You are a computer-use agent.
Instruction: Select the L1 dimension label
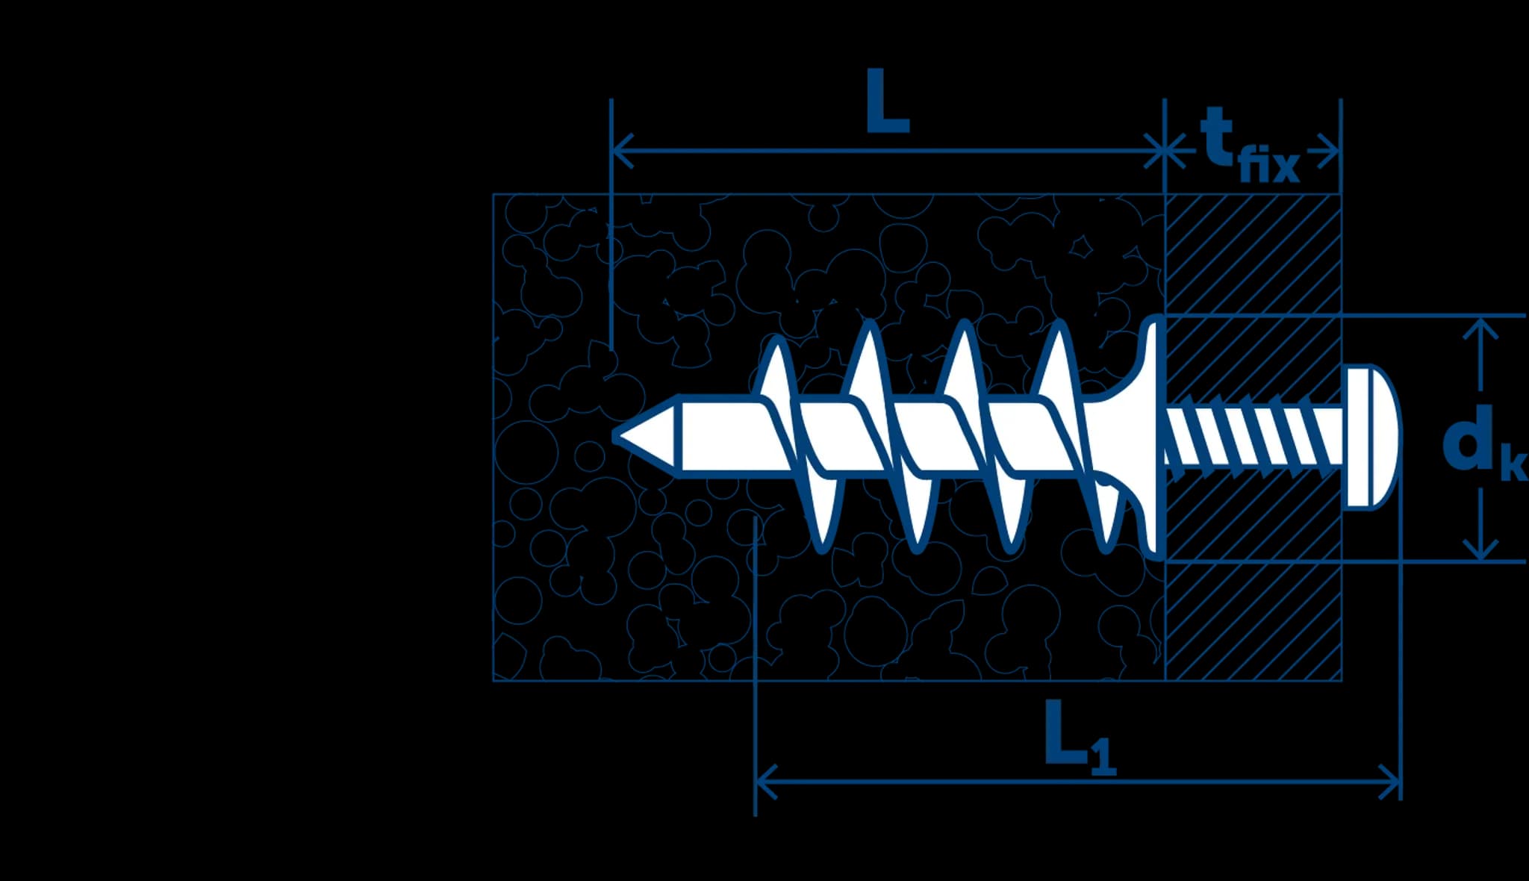[1080, 738]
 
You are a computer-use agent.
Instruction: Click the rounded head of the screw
[1372, 438]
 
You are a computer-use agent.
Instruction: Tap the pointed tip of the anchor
[614, 436]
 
